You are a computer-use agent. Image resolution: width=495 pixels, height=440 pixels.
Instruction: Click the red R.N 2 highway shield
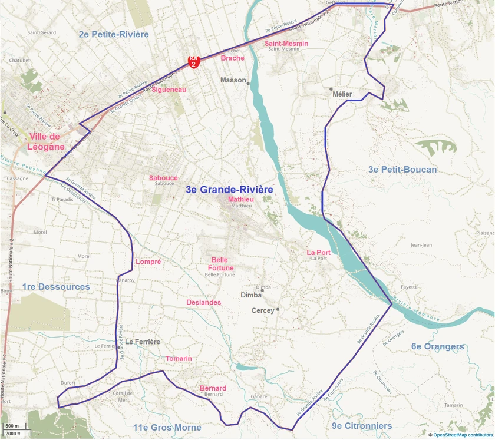(193, 61)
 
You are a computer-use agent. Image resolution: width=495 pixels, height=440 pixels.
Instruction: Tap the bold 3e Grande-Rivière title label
(229, 190)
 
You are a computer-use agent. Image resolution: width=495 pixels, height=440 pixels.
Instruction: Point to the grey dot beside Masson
(249, 84)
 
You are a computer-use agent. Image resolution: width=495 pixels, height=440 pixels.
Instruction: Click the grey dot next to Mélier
(331, 89)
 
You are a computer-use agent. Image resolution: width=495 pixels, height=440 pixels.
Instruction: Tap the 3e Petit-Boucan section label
(402, 170)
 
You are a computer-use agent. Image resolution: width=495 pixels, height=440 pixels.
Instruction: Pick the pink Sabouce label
(163, 178)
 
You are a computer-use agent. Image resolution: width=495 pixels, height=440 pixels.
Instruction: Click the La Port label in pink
(319, 253)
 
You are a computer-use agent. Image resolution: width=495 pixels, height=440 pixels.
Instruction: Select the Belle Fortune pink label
(219, 264)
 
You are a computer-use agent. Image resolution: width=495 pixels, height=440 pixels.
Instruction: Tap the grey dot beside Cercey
(278, 309)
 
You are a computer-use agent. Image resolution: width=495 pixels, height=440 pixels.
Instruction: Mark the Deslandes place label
(203, 302)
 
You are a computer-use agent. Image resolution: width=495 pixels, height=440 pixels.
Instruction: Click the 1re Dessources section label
(56, 287)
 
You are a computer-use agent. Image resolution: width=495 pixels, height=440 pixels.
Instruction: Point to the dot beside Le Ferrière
(119, 347)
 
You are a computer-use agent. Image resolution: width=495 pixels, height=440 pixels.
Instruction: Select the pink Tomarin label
(179, 359)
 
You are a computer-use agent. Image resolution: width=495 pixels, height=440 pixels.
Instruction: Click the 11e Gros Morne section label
(167, 428)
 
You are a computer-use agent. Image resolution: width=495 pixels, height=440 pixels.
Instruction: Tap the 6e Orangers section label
(438, 346)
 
